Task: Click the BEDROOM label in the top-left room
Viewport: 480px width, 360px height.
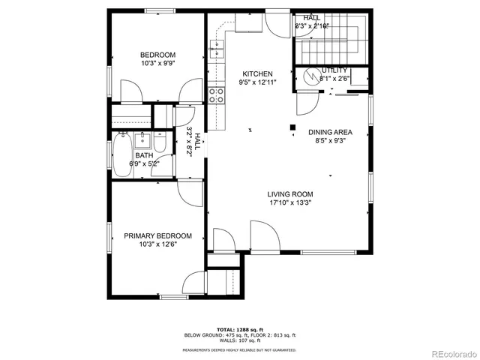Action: coord(157,55)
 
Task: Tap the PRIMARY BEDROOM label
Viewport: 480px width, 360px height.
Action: coord(157,235)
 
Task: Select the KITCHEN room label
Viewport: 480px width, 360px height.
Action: coord(256,73)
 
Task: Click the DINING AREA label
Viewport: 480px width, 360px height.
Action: coord(330,132)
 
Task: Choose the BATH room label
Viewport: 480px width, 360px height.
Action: coord(144,155)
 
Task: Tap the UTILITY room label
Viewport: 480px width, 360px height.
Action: coord(334,70)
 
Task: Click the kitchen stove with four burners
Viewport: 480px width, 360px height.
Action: coord(216,95)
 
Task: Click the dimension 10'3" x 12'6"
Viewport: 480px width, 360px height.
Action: coord(157,244)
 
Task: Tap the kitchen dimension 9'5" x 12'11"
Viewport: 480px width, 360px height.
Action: coord(256,82)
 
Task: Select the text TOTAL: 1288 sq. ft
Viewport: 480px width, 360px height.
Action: coord(240,329)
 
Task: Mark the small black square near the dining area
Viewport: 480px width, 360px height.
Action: coord(292,126)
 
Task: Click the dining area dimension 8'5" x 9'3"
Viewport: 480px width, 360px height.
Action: coord(330,140)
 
